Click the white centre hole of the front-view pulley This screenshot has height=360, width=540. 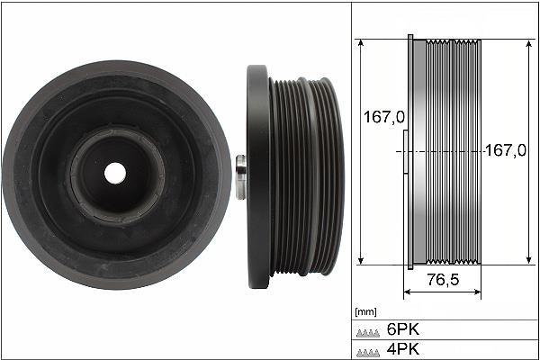(x=115, y=170)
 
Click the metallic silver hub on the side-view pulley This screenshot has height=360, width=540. (x=240, y=176)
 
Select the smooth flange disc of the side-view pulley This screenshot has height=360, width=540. (x=256, y=176)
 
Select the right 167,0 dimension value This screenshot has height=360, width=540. (x=505, y=151)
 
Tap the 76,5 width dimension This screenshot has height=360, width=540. (x=442, y=280)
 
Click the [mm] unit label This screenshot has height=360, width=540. (x=365, y=311)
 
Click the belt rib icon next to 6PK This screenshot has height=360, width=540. (x=368, y=330)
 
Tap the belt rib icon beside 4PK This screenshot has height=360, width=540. (x=368, y=349)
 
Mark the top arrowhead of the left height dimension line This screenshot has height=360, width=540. (x=361, y=43)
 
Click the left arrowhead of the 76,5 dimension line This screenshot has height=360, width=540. (x=407, y=292)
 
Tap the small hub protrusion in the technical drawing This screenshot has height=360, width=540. (x=403, y=153)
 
